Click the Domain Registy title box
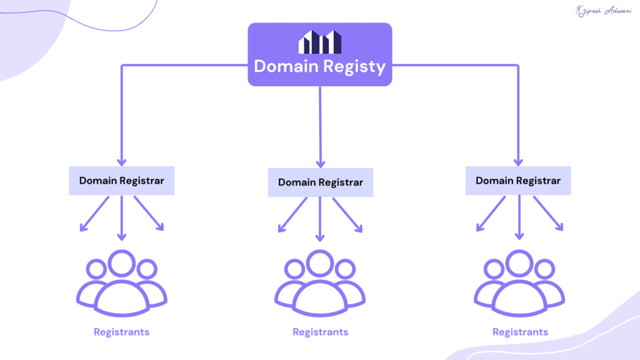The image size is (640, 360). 320,54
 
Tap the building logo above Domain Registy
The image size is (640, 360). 320,42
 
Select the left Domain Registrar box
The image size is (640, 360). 121,181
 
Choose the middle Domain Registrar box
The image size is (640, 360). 320,182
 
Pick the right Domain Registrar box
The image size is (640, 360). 518,181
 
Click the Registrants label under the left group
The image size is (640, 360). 121,332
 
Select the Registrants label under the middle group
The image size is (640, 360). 320,332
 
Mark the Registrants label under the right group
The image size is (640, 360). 520,332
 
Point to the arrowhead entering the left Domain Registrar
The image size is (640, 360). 121,161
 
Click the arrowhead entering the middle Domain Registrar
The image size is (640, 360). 320,162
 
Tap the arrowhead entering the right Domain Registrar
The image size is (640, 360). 518,161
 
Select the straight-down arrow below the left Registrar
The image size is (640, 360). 121,219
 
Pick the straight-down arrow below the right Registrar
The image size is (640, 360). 518,219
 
